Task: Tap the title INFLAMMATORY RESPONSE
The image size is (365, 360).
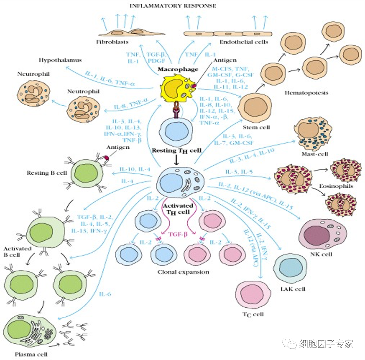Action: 172,6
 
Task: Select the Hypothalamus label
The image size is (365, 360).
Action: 60,60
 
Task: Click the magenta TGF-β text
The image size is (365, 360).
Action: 178,235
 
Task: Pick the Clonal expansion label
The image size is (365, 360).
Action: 183,272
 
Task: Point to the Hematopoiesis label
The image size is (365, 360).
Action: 306,93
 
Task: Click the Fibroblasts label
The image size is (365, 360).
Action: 112,42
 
